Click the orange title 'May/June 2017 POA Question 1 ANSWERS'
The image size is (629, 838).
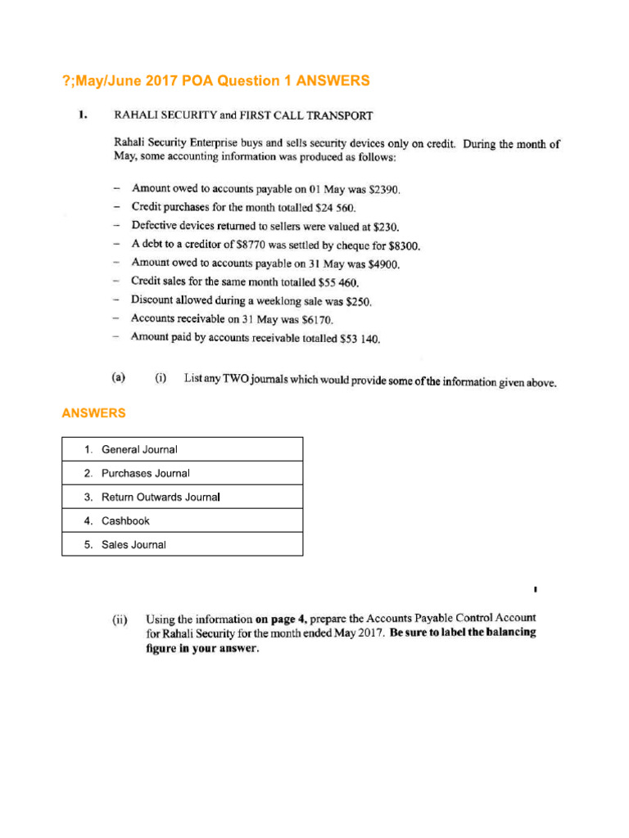[x=216, y=80]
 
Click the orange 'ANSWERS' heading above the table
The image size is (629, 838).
[x=93, y=413]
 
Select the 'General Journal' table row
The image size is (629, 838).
[x=182, y=449]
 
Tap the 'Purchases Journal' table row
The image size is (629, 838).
[x=182, y=473]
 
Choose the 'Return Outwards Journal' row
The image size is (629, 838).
[x=182, y=497]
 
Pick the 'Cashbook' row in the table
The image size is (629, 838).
[x=182, y=520]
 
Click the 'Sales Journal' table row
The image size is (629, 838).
[x=182, y=544]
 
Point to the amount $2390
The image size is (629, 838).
[x=384, y=189]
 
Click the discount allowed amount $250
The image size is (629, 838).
[x=360, y=301]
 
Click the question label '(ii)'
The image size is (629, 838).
[x=120, y=621]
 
